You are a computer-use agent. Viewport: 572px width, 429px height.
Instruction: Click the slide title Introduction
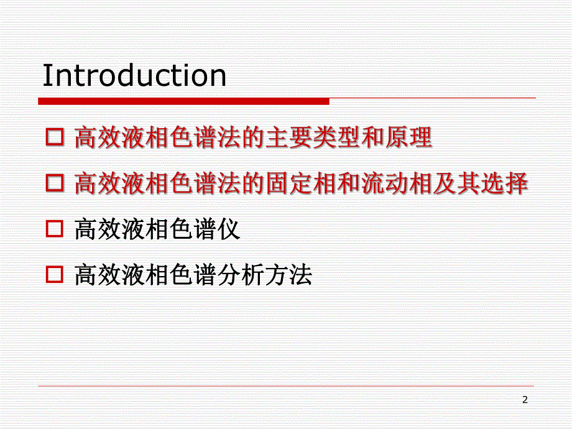pyautogui.click(x=134, y=76)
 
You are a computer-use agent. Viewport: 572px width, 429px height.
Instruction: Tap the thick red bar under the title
pyautogui.click(x=183, y=101)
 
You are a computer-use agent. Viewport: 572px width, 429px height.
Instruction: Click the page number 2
pyautogui.click(x=525, y=400)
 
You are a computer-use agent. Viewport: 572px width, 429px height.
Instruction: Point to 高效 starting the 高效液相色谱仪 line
pyautogui.click(x=98, y=230)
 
